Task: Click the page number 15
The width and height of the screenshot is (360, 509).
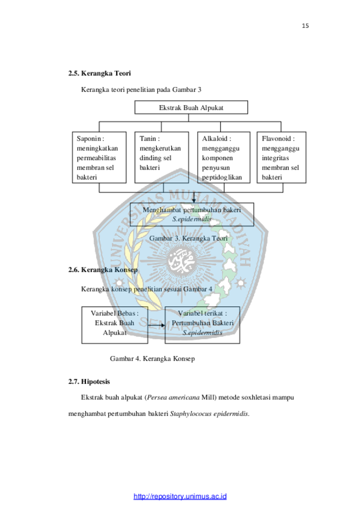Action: pyautogui.click(x=305, y=25)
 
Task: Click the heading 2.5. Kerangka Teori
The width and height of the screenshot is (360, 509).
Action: pyautogui.click(x=99, y=73)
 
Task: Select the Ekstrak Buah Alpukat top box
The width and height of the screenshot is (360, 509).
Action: pyautogui.click(x=191, y=107)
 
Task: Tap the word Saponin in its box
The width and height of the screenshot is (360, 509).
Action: pyautogui.click(x=89, y=138)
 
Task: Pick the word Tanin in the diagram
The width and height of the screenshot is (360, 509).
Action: pyautogui.click(x=148, y=138)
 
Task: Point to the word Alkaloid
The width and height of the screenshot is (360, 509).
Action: pyautogui.click(x=214, y=138)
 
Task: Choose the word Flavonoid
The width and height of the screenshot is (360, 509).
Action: pyautogui.click(x=276, y=138)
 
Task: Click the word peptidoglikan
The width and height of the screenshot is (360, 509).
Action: pyautogui.click(x=222, y=177)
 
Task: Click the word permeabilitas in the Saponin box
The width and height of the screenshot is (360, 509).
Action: pyautogui.click(x=96, y=158)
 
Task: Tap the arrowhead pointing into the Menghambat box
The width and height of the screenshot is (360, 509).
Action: pyautogui.click(x=194, y=200)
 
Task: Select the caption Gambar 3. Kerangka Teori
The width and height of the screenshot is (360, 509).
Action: pyautogui.click(x=188, y=238)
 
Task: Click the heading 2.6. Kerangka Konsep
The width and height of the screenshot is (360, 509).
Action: pyautogui.click(x=103, y=270)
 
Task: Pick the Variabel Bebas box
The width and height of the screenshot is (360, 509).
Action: pyautogui.click(x=115, y=325)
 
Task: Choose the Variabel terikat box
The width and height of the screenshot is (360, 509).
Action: pyautogui.click(x=202, y=325)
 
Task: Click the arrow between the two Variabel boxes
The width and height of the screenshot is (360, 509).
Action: pyautogui.click(x=157, y=325)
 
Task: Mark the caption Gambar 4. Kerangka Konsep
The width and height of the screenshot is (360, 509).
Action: pyautogui.click(x=152, y=359)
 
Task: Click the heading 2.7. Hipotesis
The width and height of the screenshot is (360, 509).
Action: pyautogui.click(x=89, y=382)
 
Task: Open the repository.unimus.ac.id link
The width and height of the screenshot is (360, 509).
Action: pyautogui.click(x=180, y=496)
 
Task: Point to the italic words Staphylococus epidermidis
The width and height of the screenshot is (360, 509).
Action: pyautogui.click(x=209, y=414)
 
